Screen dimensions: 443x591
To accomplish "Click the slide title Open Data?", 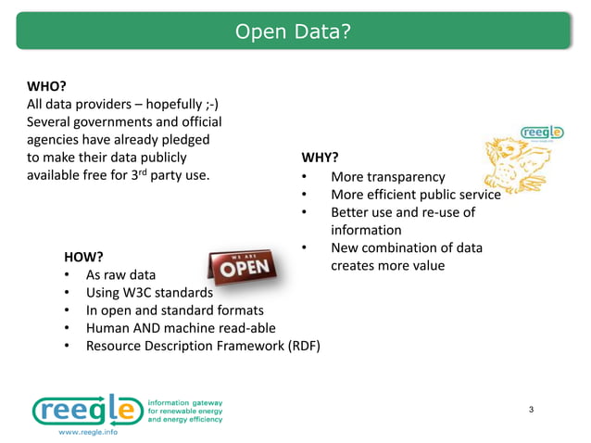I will click(x=293, y=32).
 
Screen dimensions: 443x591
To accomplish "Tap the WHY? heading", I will click(x=320, y=157).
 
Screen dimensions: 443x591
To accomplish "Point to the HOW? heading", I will click(x=82, y=256).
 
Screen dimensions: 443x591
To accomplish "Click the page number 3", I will click(x=531, y=411).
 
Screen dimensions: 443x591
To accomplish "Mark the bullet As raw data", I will click(x=120, y=276).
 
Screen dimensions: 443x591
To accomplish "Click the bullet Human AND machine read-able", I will click(x=181, y=329).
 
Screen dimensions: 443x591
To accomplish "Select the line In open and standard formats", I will click(x=174, y=311).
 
